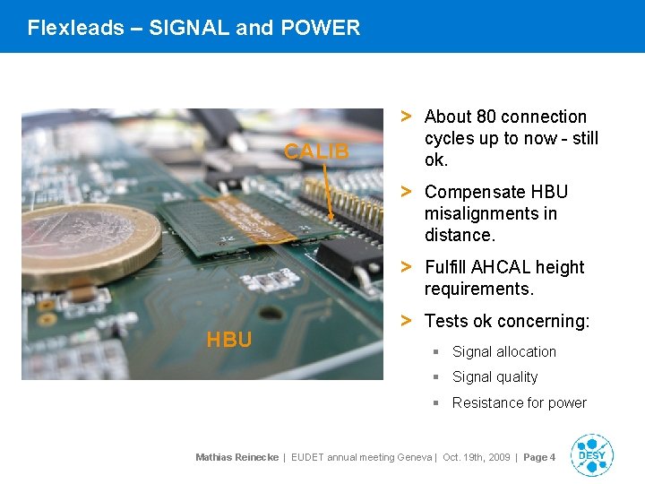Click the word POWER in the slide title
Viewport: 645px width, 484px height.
[x=320, y=28]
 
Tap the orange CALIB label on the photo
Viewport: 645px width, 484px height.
[x=316, y=151]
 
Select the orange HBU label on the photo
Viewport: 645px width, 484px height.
[x=228, y=340]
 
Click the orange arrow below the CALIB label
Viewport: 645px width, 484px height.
[x=327, y=192]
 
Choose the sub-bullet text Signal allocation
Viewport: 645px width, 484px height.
[x=503, y=352]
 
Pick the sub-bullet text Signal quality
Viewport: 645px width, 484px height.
[x=494, y=377]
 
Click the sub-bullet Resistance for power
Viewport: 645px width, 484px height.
[x=519, y=403]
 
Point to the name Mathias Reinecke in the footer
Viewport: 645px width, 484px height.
[x=236, y=458]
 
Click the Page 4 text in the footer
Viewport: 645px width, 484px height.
[x=539, y=458]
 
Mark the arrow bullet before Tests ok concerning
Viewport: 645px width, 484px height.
[x=406, y=320]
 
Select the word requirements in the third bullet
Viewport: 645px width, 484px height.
[x=478, y=289]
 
